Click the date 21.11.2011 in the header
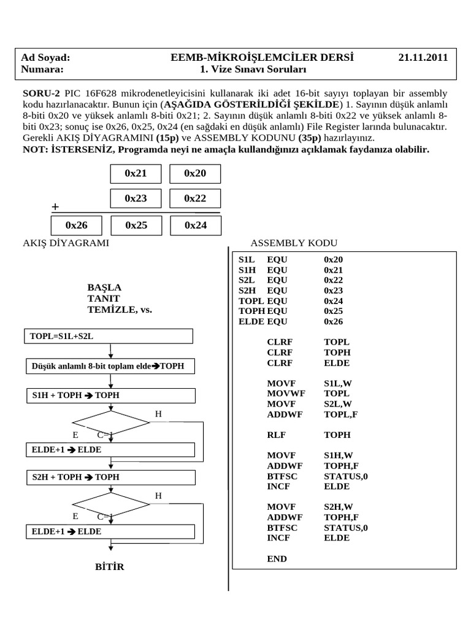(x=423, y=58)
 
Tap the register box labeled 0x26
(x=78, y=225)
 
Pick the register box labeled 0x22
(x=195, y=198)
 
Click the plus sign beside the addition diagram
(x=56, y=208)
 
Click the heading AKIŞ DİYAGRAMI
(x=66, y=243)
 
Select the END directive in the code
(x=277, y=558)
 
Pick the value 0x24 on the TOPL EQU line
(x=334, y=301)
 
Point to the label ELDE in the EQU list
(x=251, y=321)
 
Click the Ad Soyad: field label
(x=46, y=58)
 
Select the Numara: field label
(x=42, y=69)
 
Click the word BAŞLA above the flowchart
(x=104, y=287)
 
